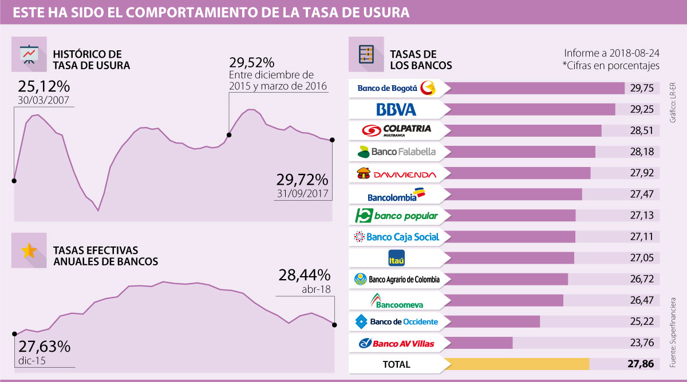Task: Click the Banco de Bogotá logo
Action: (x=396, y=88)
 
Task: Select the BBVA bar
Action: (x=530, y=109)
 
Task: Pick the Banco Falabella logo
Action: (x=396, y=152)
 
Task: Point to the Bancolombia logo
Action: (x=396, y=194)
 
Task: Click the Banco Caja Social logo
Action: (x=396, y=237)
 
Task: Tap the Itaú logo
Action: (x=396, y=258)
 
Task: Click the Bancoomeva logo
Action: (x=396, y=300)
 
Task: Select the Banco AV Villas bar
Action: (x=478, y=343)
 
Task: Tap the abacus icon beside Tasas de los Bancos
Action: (x=365, y=54)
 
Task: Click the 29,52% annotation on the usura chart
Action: (x=252, y=62)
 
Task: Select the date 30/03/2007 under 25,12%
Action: (x=44, y=100)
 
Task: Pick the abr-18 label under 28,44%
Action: (x=317, y=289)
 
